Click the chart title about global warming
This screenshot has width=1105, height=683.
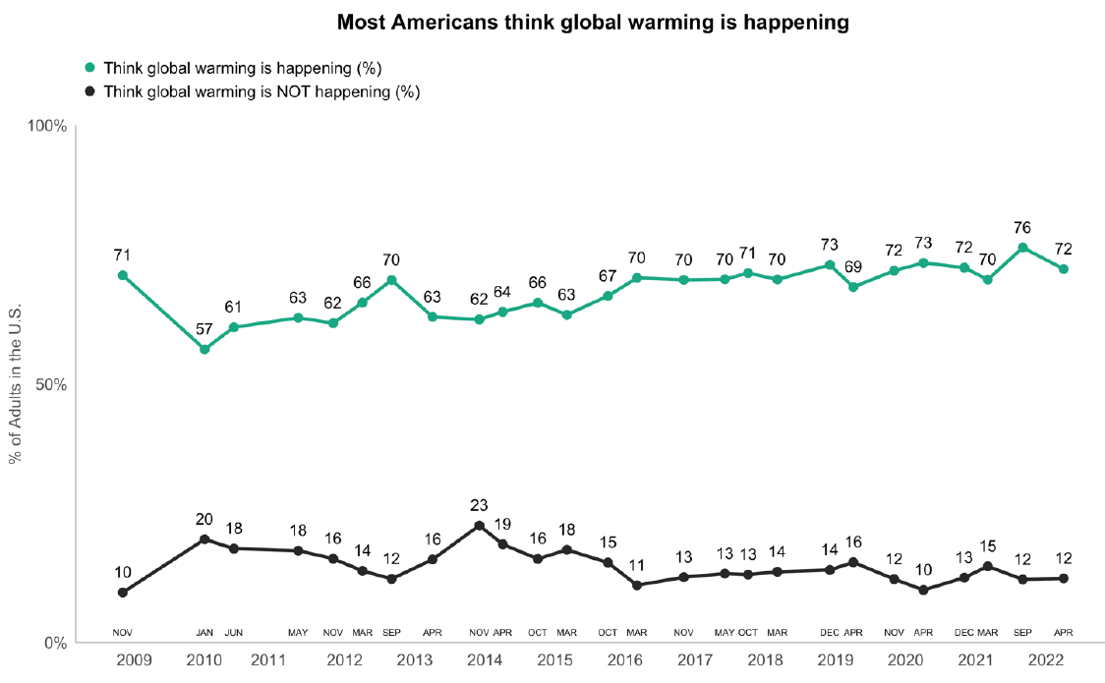coord(593,22)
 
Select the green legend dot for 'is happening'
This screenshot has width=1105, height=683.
coord(90,69)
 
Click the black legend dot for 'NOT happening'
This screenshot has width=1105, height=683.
coord(90,92)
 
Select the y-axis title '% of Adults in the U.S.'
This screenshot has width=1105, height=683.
coord(17,385)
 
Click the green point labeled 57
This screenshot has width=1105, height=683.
coord(204,349)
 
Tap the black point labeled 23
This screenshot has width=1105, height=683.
coord(479,526)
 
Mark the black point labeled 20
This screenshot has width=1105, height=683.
coord(204,539)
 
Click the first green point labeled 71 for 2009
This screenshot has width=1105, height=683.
coord(122,275)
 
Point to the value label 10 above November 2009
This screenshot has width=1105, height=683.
coord(122,573)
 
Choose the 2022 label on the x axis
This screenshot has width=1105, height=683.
coord(1048,662)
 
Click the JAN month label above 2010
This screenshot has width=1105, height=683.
coord(204,633)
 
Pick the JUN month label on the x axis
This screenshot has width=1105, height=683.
coord(234,633)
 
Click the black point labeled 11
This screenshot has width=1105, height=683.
coord(637,586)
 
